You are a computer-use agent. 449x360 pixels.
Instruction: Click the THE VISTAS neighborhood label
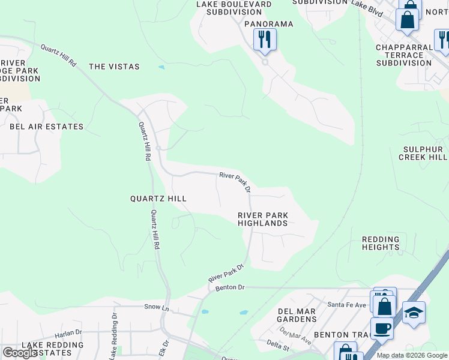pyautogui.click(x=114, y=67)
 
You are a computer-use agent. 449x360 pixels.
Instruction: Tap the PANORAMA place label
pyautogui.click(x=268, y=24)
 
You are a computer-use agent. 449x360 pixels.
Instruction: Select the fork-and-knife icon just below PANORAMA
pyautogui.click(x=265, y=40)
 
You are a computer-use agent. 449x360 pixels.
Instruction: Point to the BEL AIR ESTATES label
pyautogui.click(x=46, y=127)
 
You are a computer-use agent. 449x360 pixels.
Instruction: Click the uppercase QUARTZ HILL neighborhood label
pyautogui.click(x=158, y=199)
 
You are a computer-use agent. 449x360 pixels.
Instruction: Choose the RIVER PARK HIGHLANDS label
pyautogui.click(x=262, y=219)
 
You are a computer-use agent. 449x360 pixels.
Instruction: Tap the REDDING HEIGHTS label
pyautogui.click(x=381, y=243)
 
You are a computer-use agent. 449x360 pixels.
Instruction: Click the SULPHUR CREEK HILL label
pyautogui.click(x=423, y=153)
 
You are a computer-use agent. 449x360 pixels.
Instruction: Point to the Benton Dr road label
pyautogui.click(x=231, y=288)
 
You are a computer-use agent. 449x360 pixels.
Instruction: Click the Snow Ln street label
pyautogui.click(x=153, y=307)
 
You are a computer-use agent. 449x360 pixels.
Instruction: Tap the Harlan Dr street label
pyautogui.click(x=67, y=332)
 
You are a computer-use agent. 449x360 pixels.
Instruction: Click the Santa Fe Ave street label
pyautogui.click(x=346, y=305)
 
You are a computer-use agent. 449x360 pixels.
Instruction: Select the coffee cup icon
pyautogui.click(x=382, y=329)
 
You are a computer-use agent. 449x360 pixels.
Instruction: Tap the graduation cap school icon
pyautogui.click(x=413, y=313)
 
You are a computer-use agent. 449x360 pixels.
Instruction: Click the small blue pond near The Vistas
pyautogui.click(x=161, y=67)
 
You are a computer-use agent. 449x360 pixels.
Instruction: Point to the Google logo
pyautogui.click(x=20, y=353)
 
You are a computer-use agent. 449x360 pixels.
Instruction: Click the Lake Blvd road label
pyautogui.click(x=367, y=5)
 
